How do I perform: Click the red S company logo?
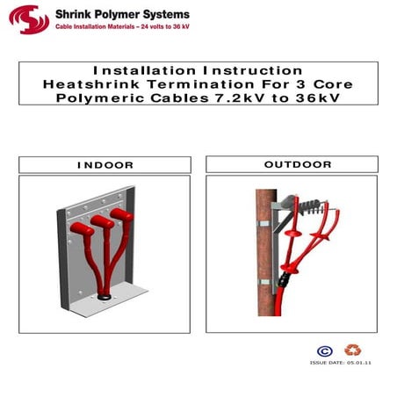point(26,18)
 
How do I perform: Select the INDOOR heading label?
point(105,165)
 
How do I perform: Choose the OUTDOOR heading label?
point(297,164)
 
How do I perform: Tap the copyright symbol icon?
point(324,351)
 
